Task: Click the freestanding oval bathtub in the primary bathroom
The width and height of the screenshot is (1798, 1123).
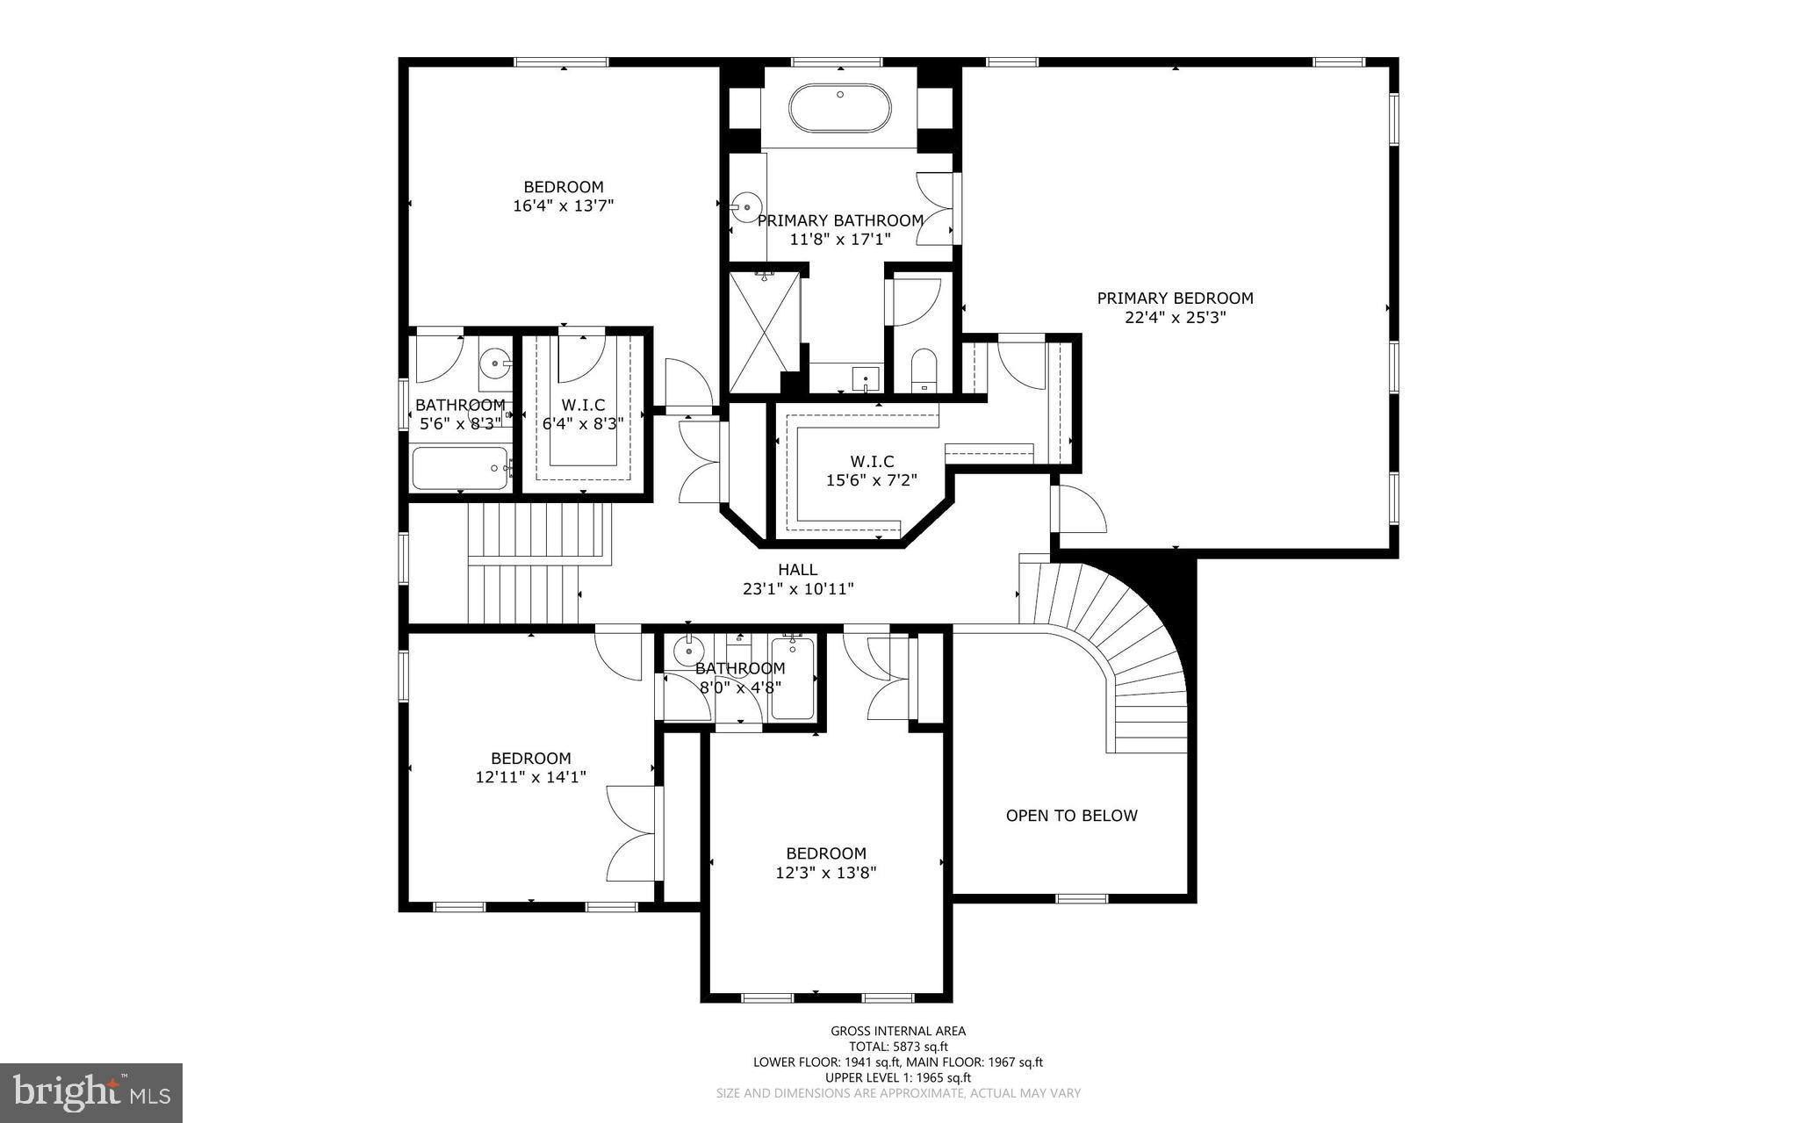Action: [839, 109]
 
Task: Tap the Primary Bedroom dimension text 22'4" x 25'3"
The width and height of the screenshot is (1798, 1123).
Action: [1175, 317]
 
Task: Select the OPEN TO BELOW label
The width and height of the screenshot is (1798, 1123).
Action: [1071, 816]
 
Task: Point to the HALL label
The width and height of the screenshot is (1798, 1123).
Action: [797, 570]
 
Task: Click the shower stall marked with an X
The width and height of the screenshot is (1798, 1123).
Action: [765, 333]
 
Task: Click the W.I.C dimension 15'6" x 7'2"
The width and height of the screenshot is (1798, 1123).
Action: [871, 480]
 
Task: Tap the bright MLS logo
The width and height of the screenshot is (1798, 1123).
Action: [91, 1092]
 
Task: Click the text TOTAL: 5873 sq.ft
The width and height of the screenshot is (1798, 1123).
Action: [898, 1047]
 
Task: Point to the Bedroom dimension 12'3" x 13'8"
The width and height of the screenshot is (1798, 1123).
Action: [825, 873]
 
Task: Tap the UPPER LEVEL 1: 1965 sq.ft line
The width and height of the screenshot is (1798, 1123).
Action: [897, 1077]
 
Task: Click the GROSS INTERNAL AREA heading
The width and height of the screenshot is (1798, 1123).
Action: [898, 1031]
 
